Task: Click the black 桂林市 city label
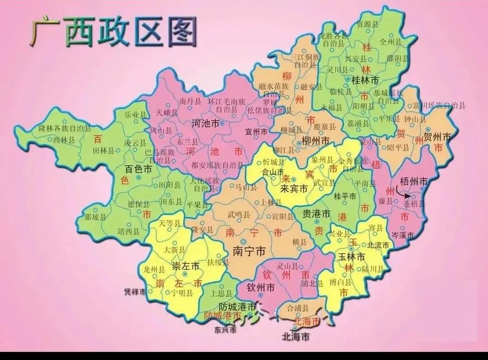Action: click(365, 80)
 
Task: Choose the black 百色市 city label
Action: click(138, 169)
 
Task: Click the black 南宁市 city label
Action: click(249, 251)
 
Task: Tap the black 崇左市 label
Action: click(185, 266)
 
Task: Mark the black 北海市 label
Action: click(295, 337)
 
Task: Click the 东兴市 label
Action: click(225, 329)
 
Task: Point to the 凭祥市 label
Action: click(135, 292)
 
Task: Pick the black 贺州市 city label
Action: click(437, 137)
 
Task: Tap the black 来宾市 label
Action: click(293, 189)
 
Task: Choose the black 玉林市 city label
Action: click(351, 257)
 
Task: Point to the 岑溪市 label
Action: click(402, 235)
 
